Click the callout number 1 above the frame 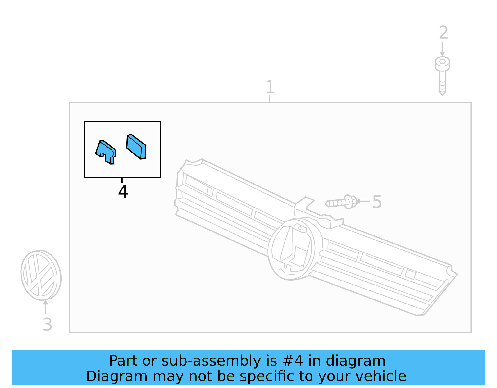pos(270,87)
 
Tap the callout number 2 pos(443,33)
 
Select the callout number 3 pos(47,324)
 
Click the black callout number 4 pos(123,191)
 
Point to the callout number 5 pos(376,202)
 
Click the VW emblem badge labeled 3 pos(41,275)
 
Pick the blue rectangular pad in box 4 pos(136,147)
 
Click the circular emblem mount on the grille pos(291,249)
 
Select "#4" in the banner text pos(293,361)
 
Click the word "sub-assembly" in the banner pos(211,361)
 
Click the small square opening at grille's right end pos(410,274)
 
